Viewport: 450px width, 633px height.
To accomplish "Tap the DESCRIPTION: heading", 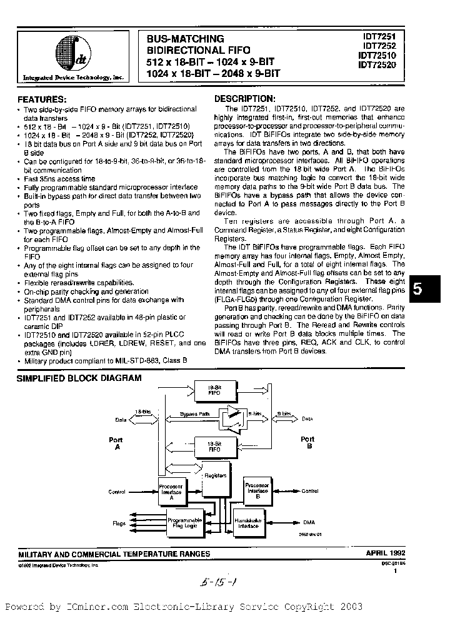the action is (244, 98).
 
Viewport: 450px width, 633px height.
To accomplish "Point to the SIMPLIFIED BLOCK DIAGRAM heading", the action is (79, 378).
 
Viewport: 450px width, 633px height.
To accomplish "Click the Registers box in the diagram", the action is (215, 475).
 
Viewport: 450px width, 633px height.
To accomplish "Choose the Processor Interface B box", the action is (257, 490).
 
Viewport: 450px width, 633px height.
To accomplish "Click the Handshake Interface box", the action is (249, 522).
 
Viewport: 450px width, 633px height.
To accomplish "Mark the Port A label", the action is (116, 443).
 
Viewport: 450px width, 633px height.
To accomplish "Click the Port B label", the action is (307, 443).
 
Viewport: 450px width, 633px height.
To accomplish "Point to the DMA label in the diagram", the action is (309, 522).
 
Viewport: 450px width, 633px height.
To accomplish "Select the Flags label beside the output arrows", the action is (119, 522).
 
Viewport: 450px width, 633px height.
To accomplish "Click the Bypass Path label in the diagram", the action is (194, 414).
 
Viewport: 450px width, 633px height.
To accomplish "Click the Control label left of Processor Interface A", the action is (117, 492).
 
